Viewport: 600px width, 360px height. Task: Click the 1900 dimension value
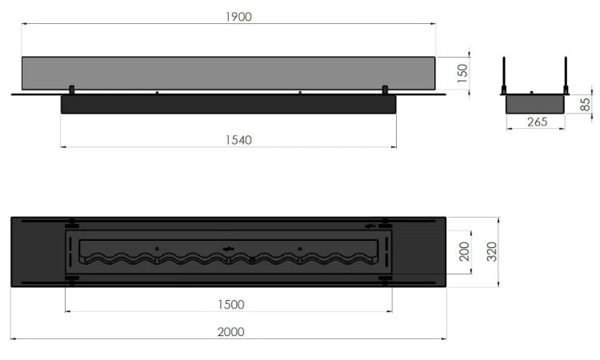tap(239, 18)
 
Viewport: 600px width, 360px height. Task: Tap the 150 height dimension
tap(462, 74)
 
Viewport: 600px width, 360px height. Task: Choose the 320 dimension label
tap(492, 253)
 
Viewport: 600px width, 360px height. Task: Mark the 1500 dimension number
tap(229, 304)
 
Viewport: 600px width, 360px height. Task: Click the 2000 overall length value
tap(229, 331)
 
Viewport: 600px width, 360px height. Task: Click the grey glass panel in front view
tap(228, 74)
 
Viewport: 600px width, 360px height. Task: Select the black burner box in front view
tap(228, 105)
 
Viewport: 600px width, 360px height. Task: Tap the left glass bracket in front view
tap(72, 88)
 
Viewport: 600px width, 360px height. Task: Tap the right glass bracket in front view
tap(385, 88)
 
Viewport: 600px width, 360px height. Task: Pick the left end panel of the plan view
tap(37, 252)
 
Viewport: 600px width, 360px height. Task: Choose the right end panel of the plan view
tap(421, 252)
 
